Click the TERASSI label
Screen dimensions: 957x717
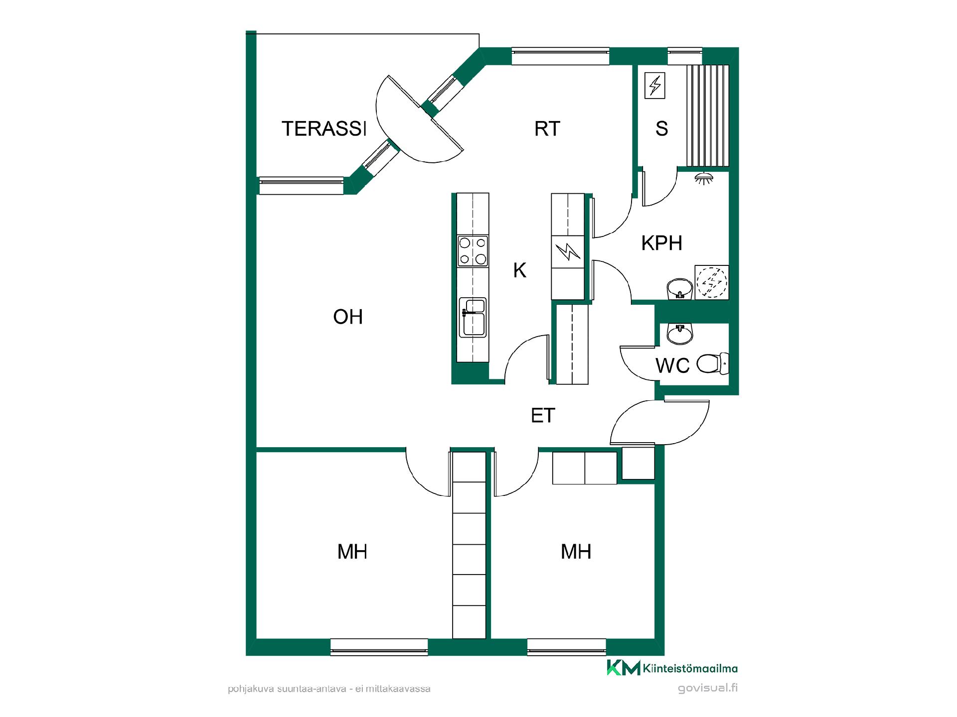tap(324, 128)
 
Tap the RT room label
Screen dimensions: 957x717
tap(547, 128)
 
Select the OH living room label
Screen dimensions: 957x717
tap(347, 317)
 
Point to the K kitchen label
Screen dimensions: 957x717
tap(519, 270)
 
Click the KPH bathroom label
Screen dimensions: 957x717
tap(661, 243)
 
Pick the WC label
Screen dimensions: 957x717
tap(672, 365)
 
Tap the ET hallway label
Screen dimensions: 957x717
tap(543, 416)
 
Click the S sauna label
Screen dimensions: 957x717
tap(661, 128)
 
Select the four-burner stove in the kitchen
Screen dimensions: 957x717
tap(473, 251)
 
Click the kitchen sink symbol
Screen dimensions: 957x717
tap(473, 317)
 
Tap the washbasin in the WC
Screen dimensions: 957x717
tap(679, 334)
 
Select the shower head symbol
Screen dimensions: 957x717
tap(703, 178)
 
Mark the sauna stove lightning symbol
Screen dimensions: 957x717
tap(654, 85)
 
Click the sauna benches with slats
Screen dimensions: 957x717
tap(708, 115)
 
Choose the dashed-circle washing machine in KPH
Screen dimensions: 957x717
tap(712, 282)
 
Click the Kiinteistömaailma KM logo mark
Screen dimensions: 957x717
tap(623, 668)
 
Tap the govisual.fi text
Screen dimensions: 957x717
tap(708, 688)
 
